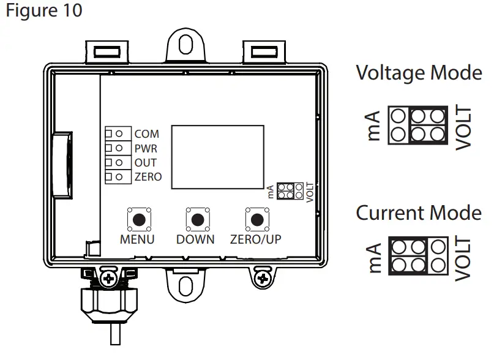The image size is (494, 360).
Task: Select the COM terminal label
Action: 146,133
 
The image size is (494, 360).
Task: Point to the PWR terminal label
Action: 146,148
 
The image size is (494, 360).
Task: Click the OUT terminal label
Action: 145,162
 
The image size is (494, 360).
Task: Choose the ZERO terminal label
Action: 148,177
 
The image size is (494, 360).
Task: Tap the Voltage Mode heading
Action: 419,73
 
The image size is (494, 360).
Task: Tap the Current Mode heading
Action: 419,213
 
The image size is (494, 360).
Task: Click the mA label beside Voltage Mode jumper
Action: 375,125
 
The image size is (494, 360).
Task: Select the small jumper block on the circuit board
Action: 289,190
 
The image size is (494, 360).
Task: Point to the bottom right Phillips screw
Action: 264,279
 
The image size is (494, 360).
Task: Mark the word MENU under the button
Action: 138,239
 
